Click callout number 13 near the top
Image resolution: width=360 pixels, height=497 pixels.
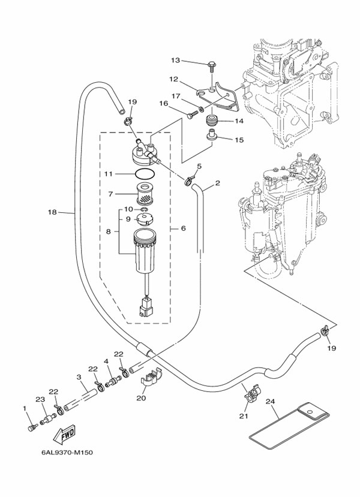pyautogui.click(x=175, y=61)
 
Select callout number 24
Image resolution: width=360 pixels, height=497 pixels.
pyautogui.click(x=269, y=401)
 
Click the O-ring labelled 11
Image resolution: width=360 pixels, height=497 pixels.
pyautogui.click(x=143, y=174)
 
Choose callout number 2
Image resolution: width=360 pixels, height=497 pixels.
pyautogui.click(x=217, y=183)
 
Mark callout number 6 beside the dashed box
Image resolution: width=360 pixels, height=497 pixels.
pyautogui.click(x=183, y=228)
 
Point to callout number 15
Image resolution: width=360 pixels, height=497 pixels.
pyautogui.click(x=239, y=140)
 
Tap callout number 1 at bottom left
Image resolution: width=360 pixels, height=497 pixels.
pyautogui.click(x=25, y=408)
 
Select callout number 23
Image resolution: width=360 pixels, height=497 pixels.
pyautogui.click(x=40, y=399)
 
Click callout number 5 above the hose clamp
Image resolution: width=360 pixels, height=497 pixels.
pyautogui.click(x=199, y=166)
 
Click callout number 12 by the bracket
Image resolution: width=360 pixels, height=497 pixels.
pyautogui.click(x=173, y=79)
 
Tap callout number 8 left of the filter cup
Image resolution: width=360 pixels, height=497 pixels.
pyautogui.click(x=109, y=230)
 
